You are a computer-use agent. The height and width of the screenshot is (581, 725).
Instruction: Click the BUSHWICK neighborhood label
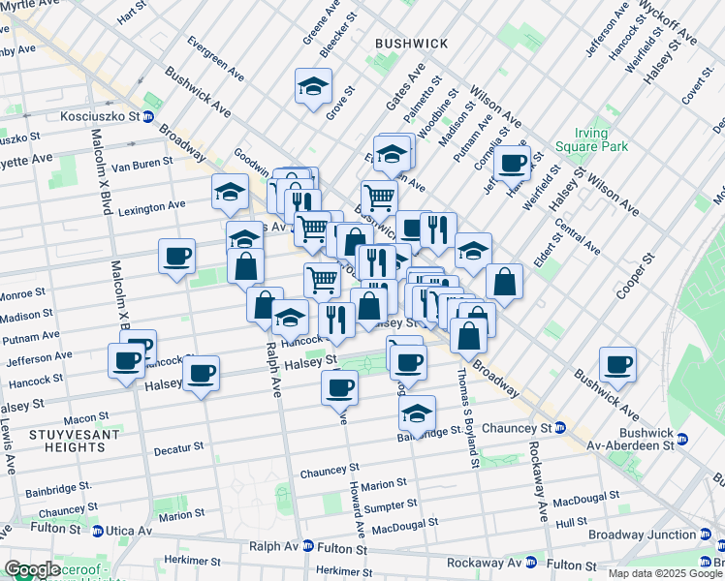click(412, 44)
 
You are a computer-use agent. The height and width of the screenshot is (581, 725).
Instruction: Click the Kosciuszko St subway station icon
click(148, 117)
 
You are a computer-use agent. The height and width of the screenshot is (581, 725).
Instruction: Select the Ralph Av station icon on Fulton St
click(308, 546)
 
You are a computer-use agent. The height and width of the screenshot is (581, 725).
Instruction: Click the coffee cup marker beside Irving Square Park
click(513, 163)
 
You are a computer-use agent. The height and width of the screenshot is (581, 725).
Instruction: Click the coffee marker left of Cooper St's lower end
click(617, 364)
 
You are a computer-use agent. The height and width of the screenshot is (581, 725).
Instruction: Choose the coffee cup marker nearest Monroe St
click(176, 257)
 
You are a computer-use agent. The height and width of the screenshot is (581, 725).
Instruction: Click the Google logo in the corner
click(33, 569)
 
